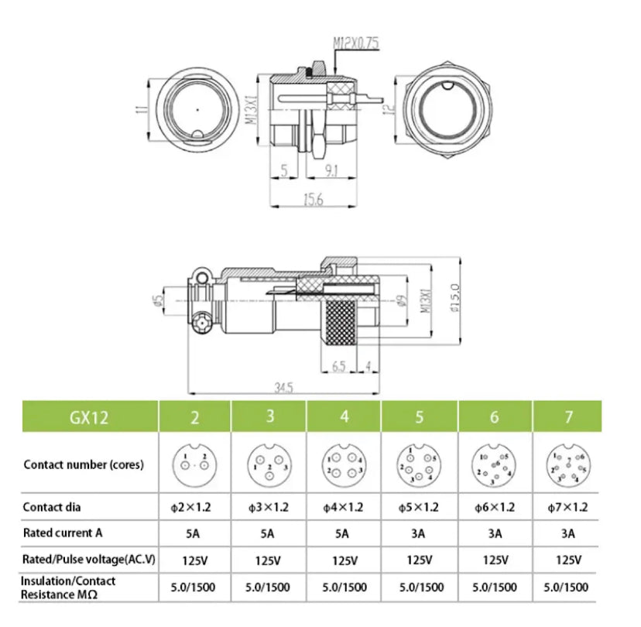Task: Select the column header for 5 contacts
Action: [x=420, y=417]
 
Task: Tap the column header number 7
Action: [x=569, y=417]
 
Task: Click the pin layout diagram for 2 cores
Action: [x=194, y=464]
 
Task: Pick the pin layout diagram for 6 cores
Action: [x=495, y=464]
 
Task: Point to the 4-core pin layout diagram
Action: [x=344, y=464]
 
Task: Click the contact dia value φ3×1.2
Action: [x=269, y=508]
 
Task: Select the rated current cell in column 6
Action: [x=495, y=533]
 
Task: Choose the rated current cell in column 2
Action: [x=194, y=533]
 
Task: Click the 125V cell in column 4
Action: [x=344, y=560]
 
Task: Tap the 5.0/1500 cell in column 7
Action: [x=569, y=588]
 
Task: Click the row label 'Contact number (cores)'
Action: [x=84, y=465]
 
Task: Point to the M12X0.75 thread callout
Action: [x=356, y=44]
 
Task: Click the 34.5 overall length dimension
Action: [x=283, y=385]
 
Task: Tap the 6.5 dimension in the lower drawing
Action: [x=338, y=366]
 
